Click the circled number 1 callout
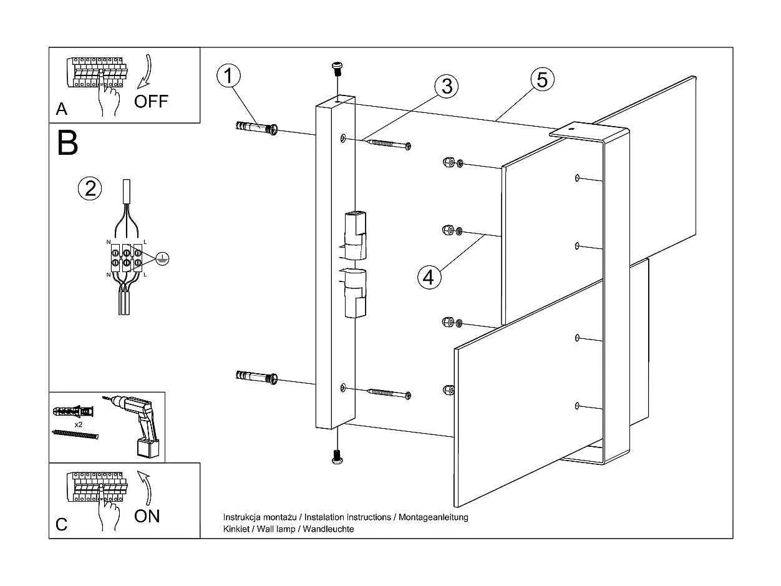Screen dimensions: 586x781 (228, 76)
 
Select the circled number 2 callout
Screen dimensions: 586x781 (90, 188)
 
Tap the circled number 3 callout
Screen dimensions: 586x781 (446, 86)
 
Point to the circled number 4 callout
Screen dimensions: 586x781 (428, 276)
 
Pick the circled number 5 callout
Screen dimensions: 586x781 (542, 79)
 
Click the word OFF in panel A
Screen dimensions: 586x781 (152, 101)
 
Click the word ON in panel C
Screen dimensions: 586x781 (147, 516)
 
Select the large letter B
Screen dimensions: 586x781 (67, 143)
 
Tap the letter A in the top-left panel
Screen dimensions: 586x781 (61, 110)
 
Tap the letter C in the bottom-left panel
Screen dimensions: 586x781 (61, 524)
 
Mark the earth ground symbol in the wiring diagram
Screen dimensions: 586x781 (162, 257)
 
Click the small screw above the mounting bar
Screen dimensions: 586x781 (337, 68)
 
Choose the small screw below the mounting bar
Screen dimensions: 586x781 (337, 457)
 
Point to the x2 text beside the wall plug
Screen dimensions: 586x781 (79, 424)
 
